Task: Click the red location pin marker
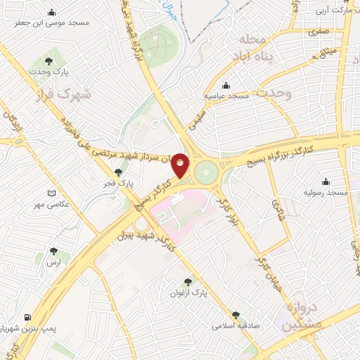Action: pos(181,165)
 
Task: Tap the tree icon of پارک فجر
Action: pos(118,172)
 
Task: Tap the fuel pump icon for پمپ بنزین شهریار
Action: pos(27,317)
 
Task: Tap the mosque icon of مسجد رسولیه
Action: pos(326,181)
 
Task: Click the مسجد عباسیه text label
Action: pos(224,94)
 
